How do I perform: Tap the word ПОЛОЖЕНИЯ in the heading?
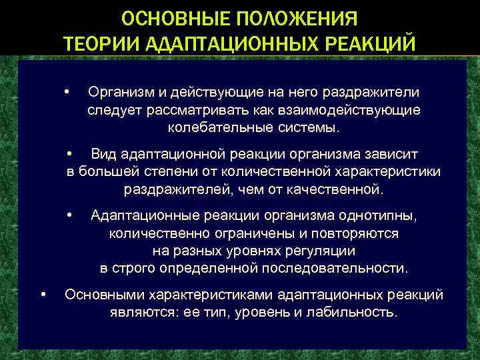[293, 16]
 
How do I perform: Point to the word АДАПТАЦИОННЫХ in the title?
[225, 43]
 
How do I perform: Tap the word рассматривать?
[177, 110]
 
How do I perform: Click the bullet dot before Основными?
[43, 294]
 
